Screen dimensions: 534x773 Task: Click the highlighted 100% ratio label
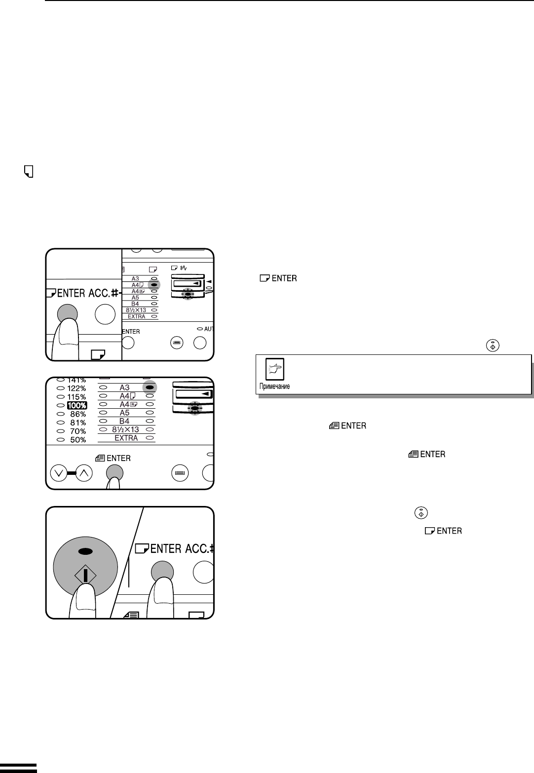[x=77, y=405]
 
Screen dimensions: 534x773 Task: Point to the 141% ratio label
[x=77, y=380]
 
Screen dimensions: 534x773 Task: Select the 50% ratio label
[x=78, y=440]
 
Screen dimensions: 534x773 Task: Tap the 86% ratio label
[x=78, y=414]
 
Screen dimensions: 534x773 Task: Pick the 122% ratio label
[x=76, y=388]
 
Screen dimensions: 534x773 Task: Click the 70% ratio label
[x=78, y=431]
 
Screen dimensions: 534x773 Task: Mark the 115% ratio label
[x=76, y=397]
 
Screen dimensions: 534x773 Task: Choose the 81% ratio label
[x=78, y=423]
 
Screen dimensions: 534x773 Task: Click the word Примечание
[x=274, y=386]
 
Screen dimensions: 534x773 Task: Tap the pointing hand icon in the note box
[x=275, y=369]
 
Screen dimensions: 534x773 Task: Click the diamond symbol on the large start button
[x=85, y=575]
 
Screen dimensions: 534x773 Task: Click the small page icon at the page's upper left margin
[x=29, y=171]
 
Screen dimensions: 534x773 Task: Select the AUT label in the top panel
[x=209, y=329]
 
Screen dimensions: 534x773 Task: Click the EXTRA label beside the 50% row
[x=126, y=438]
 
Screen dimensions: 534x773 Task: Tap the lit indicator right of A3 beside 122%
[x=150, y=387]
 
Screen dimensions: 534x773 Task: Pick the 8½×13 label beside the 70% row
[x=125, y=429]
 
